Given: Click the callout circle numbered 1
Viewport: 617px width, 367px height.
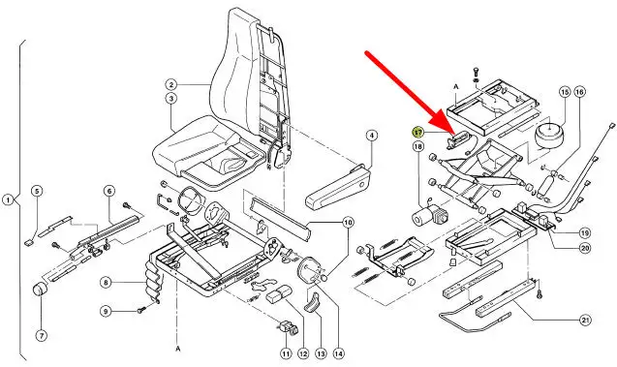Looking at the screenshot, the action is point(8,200).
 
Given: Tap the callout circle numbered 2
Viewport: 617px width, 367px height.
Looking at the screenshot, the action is point(171,85).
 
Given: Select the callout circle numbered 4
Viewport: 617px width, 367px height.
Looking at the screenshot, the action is point(371,136).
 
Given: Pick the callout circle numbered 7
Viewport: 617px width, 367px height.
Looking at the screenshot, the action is point(42,336).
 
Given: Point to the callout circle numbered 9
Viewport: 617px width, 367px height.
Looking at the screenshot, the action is point(105,312).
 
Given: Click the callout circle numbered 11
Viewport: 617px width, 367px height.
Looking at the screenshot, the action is point(286,353).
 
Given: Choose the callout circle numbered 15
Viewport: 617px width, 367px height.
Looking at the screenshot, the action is point(565,92).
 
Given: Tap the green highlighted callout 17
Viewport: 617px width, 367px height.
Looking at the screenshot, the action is point(417,132).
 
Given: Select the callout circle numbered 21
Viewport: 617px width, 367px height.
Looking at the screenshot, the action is point(586,321).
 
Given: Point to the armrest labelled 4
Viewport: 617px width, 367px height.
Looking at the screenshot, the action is point(338,185).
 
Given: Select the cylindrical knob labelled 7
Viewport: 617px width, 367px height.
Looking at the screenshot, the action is point(39,290).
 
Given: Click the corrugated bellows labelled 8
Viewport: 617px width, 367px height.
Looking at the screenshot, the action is point(153,282).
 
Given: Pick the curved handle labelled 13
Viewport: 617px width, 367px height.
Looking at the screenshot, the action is point(312,301).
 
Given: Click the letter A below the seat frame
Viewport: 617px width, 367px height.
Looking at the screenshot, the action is point(178,349).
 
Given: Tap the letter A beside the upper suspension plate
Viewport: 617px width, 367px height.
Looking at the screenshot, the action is point(456,86).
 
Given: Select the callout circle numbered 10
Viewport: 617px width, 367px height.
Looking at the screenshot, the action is point(348,223).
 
